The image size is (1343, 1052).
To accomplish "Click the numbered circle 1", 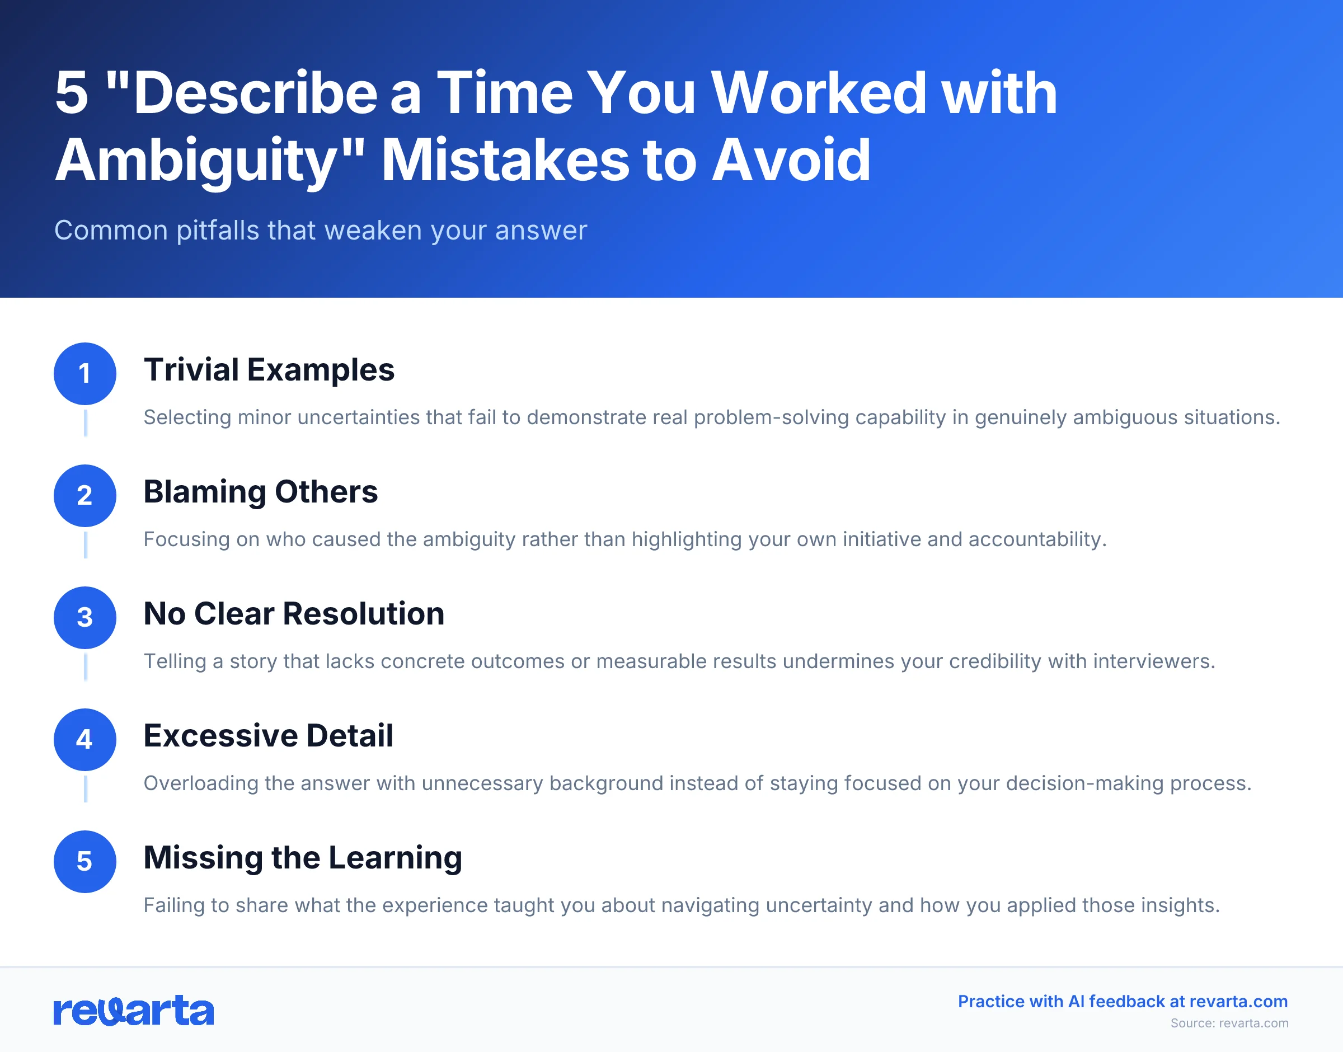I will click(85, 373).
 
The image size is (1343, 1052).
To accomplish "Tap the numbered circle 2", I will click(85, 495).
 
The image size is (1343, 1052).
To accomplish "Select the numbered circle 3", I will click(85, 617).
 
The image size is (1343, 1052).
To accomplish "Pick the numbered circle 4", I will click(85, 739).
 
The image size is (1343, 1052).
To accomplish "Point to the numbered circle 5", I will click(85, 861).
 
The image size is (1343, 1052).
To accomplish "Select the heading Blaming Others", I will click(260, 491).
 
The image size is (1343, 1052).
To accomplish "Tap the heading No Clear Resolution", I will click(294, 613).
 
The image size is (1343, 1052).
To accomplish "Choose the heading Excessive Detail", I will click(268, 735).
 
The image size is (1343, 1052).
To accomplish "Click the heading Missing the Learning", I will click(302, 857).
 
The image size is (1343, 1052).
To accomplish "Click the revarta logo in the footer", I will click(134, 1011).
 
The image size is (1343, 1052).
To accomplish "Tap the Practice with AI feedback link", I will click(1122, 1002).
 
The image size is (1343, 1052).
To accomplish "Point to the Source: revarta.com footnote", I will click(1228, 1023).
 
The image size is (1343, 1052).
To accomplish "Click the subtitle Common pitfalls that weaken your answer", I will click(320, 231).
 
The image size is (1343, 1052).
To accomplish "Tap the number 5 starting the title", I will click(72, 93).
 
